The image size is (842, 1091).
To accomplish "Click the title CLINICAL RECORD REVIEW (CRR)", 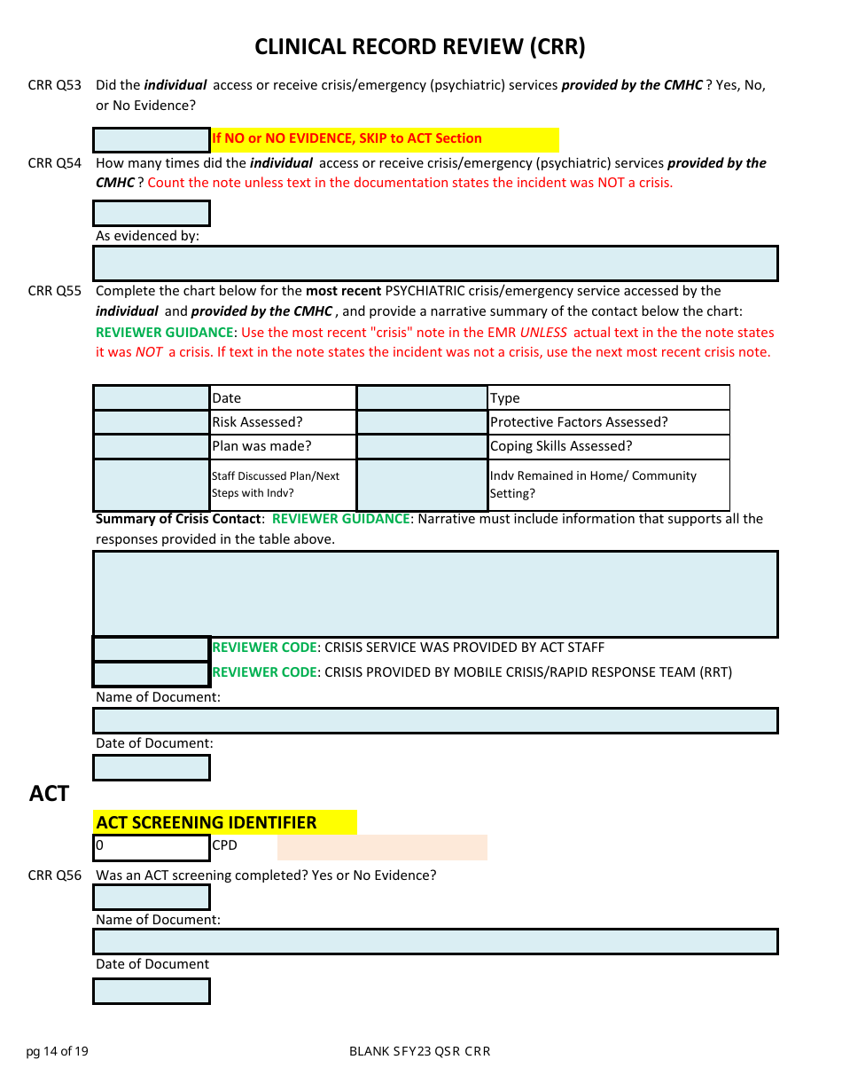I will coord(420,47).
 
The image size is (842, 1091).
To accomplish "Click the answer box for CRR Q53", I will coord(152,140).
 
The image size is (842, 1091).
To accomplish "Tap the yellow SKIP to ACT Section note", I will coord(385,139).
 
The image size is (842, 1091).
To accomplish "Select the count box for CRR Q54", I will coord(152,213).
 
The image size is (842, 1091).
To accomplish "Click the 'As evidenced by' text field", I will coord(435,263).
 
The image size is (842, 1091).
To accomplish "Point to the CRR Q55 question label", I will coord(54,291).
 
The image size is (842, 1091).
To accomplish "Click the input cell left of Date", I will coord(152,398).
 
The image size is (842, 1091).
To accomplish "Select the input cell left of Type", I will coord(422,398).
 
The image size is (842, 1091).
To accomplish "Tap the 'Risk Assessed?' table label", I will coord(257,422).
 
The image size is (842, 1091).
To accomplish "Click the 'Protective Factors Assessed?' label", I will coord(579,422).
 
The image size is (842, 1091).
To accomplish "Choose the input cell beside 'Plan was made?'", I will coord(152,446).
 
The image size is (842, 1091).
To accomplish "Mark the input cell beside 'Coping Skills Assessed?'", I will coord(422,446).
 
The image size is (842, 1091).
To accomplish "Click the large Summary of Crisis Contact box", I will coord(435,594).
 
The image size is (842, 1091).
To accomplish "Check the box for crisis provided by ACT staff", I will coord(152,648).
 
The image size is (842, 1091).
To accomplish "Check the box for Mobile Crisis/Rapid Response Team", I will coord(152,673).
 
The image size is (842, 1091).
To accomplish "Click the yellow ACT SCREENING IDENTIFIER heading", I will coord(225,822).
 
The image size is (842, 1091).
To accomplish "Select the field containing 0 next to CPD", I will coord(152,847).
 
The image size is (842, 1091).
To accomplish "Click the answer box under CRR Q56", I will coord(152,898).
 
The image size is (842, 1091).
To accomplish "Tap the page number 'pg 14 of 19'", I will coord(58,1052).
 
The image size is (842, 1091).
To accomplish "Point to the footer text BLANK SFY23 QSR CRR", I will coord(419,1052).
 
